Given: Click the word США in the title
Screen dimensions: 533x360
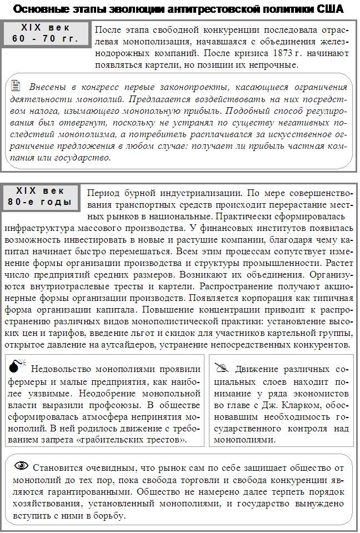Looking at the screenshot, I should (329, 9).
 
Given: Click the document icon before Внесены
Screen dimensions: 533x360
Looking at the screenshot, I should (16, 87).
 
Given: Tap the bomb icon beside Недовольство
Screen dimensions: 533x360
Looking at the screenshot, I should (17, 367).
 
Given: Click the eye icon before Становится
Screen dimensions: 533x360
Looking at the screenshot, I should (21, 466).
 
